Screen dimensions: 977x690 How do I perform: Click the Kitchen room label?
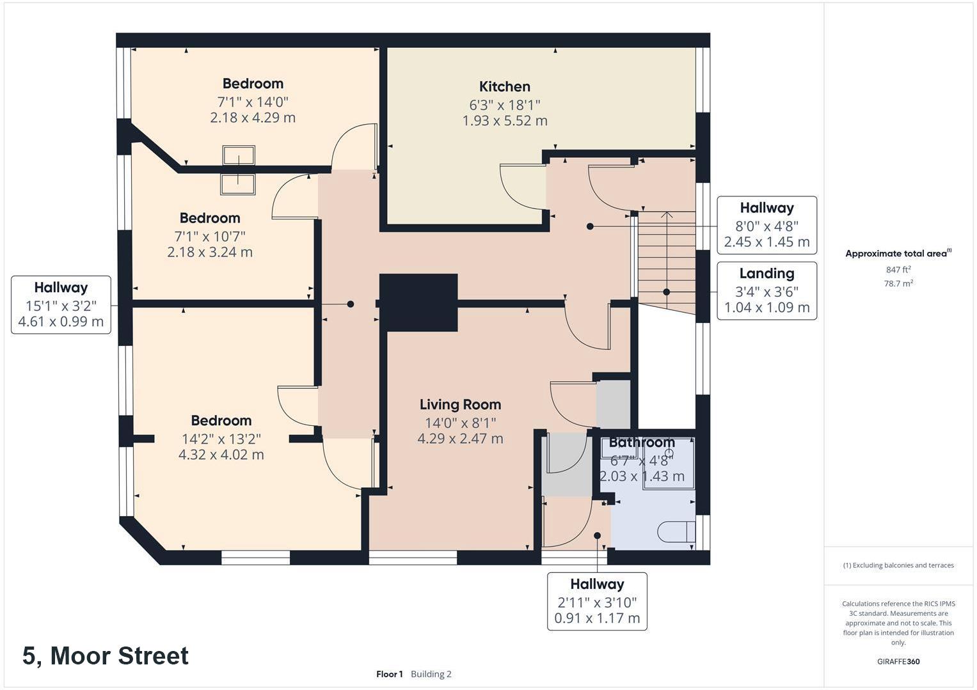click(505, 87)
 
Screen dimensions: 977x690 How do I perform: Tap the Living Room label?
click(460, 405)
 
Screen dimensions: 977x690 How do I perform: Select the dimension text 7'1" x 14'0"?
click(253, 102)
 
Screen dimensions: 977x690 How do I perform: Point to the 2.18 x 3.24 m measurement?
click(210, 252)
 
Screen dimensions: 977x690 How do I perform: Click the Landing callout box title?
click(767, 273)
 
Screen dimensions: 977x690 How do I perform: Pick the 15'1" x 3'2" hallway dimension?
click(61, 306)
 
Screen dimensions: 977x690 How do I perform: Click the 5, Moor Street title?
click(106, 655)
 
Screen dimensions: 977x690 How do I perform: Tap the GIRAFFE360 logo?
click(898, 661)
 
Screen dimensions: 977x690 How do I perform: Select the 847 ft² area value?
click(898, 269)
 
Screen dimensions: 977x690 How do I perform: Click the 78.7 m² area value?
click(898, 283)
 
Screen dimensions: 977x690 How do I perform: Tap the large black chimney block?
click(418, 303)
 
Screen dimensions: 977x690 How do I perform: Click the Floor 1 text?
click(390, 674)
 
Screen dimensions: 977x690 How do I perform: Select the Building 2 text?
click(431, 674)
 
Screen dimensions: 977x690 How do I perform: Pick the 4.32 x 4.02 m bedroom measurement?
click(221, 455)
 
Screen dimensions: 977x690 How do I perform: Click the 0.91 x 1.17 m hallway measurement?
click(597, 618)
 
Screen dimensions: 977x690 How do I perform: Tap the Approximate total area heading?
click(898, 253)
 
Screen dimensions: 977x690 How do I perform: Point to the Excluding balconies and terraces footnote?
click(898, 565)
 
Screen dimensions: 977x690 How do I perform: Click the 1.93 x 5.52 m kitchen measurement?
click(505, 121)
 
